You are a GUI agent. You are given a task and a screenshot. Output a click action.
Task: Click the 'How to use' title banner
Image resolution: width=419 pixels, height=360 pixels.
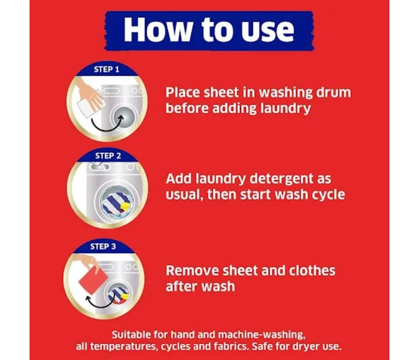point(209,31)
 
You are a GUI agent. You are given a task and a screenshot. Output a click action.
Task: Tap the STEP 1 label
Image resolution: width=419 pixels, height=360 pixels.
point(106,70)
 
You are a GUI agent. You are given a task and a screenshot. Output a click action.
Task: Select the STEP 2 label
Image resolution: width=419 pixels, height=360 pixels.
point(108,156)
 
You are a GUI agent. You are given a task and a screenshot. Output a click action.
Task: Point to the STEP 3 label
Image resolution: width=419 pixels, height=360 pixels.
point(103,247)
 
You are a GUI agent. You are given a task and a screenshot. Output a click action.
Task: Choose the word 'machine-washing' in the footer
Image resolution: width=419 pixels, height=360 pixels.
point(262,335)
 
